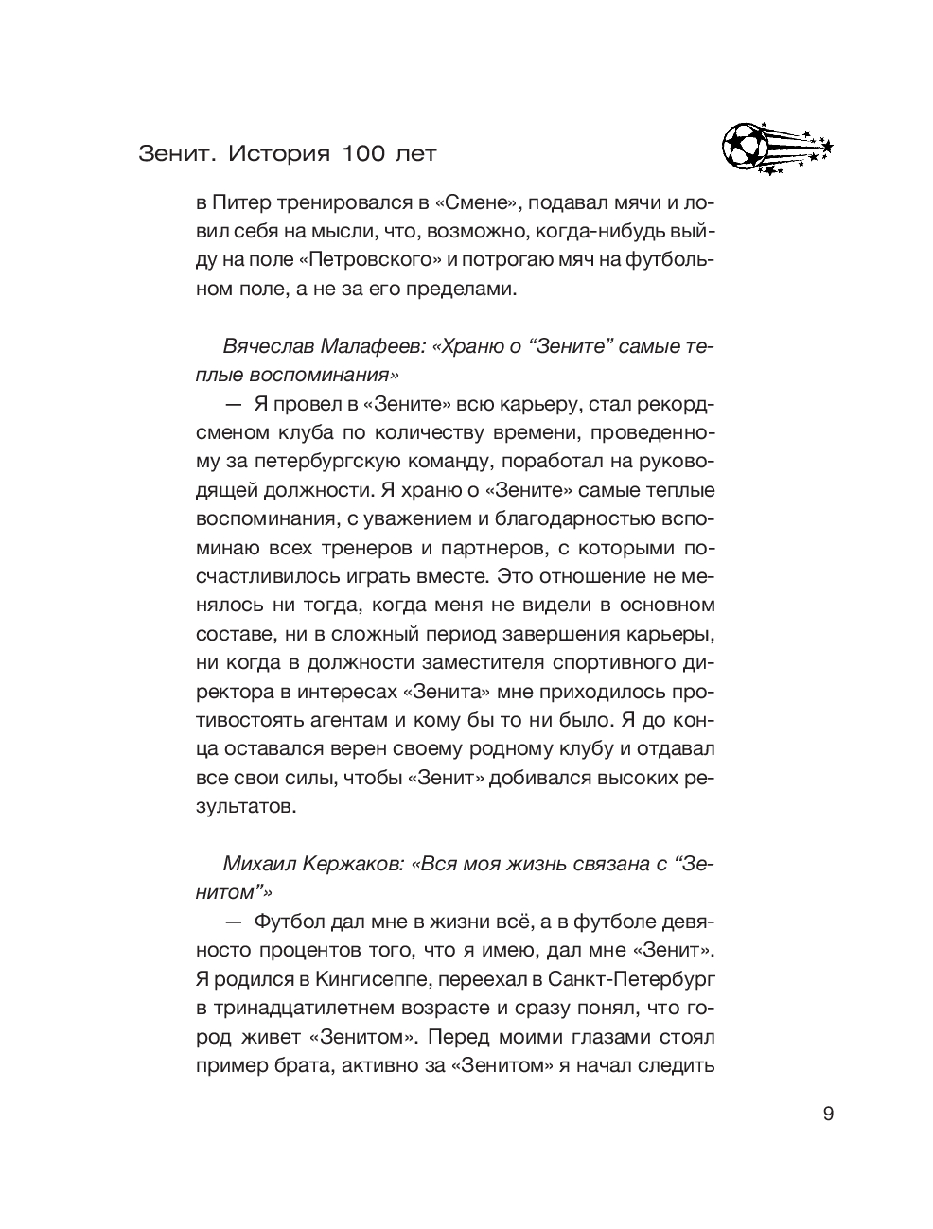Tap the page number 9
pos(828,1114)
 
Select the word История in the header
pos(279,153)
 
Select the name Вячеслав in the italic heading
pos(266,346)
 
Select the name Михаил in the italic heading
pos(256,864)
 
